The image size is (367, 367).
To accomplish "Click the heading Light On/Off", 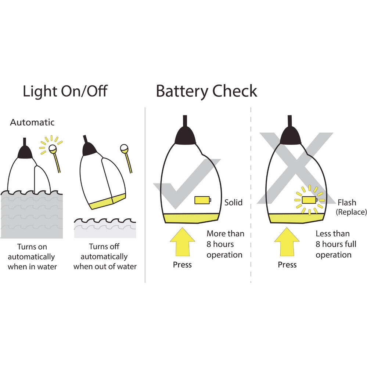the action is pyautogui.click(x=65, y=91).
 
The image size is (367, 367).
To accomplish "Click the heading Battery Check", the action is pyautogui.click(x=206, y=91).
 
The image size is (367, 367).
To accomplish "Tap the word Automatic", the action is pyautogui.click(x=32, y=122).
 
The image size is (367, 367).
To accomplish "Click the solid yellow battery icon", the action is pyautogui.click(x=203, y=200).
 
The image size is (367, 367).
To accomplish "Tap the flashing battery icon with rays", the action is pyautogui.click(x=309, y=200).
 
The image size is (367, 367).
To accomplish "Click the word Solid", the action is pyautogui.click(x=233, y=203).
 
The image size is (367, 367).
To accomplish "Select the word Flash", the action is pyautogui.click(x=347, y=203).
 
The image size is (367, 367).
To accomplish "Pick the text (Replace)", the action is pyautogui.click(x=351, y=212).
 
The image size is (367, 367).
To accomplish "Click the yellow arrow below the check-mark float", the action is pyautogui.click(x=182, y=242).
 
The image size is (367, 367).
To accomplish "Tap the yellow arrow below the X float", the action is pyautogui.click(x=287, y=242).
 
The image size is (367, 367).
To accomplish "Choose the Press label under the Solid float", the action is pyautogui.click(x=182, y=265).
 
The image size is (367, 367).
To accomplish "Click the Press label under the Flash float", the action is pyautogui.click(x=287, y=265).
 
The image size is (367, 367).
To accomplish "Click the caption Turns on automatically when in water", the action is pyautogui.click(x=32, y=257).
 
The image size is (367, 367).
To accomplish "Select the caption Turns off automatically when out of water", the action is pyautogui.click(x=105, y=257).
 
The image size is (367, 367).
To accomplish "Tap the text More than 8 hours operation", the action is pyautogui.click(x=225, y=244).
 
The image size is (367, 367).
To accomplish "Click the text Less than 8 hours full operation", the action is pyautogui.click(x=336, y=244).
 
